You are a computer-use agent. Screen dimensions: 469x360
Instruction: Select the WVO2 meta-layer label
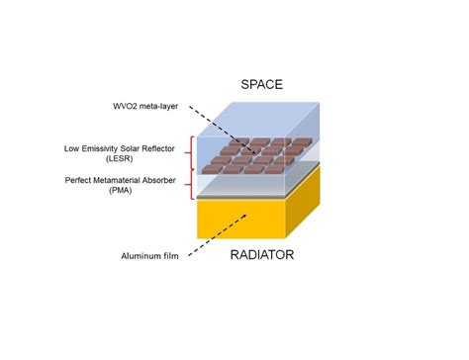[147, 106]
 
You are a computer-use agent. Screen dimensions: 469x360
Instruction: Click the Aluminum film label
[147, 253]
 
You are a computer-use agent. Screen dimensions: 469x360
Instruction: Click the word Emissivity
[105, 148]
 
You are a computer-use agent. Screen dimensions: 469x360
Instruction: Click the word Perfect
[83, 179]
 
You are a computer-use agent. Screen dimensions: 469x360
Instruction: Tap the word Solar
[137, 148]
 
